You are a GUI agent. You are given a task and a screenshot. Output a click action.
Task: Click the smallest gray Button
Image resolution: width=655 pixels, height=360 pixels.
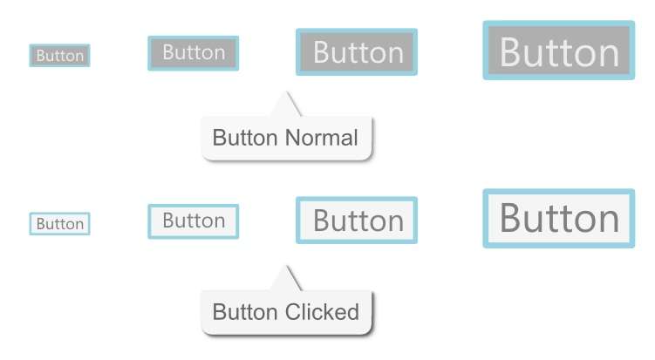coord(59,56)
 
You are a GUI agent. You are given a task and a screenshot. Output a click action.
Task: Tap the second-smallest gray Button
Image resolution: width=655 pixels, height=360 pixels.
coord(194,53)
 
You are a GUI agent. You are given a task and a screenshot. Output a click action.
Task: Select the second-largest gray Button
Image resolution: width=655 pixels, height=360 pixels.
coord(357,52)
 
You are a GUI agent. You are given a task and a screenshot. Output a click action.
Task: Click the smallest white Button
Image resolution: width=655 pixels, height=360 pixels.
coord(59,224)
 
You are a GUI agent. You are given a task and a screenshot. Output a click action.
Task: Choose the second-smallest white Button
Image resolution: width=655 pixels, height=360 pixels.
coord(194,221)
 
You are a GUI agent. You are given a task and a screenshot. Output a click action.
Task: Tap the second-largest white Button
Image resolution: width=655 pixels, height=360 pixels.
coord(357,221)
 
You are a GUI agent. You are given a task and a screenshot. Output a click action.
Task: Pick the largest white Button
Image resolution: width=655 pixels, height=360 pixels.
coord(559,218)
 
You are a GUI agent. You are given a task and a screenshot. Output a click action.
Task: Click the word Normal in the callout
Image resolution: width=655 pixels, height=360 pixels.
coord(322,138)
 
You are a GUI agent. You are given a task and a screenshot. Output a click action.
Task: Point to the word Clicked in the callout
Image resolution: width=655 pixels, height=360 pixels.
coord(322,312)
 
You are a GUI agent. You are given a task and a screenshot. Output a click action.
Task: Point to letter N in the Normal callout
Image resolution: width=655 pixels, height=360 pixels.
coord(293,138)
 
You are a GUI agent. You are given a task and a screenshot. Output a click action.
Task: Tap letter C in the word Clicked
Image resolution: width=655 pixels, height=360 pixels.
coord(294,312)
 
